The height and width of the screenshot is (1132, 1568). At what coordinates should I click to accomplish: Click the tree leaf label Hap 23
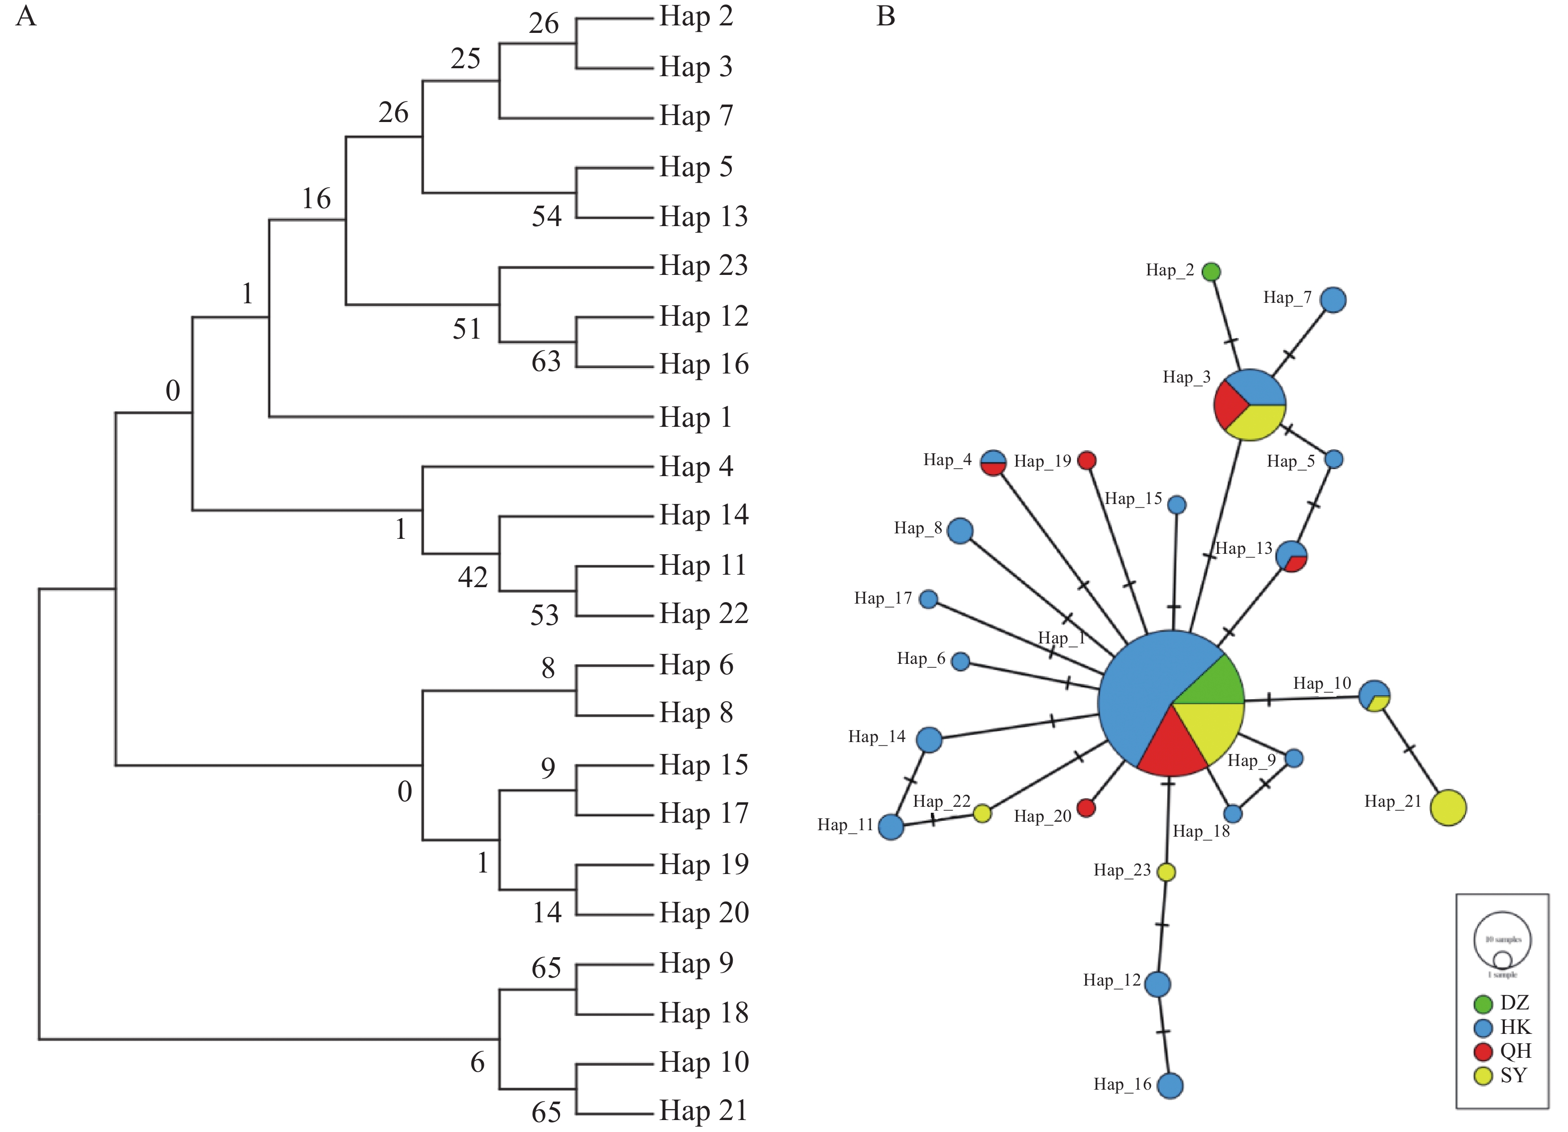(703, 265)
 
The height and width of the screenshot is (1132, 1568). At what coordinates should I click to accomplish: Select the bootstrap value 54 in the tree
(546, 217)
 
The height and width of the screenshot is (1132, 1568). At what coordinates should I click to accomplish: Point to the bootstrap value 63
(546, 362)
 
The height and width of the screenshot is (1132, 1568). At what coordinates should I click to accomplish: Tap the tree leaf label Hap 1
(695, 417)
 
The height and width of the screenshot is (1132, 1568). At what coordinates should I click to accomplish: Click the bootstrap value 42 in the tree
(473, 577)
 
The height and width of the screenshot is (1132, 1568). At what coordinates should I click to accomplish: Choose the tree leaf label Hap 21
(703, 1111)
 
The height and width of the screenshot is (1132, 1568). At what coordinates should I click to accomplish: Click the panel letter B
(886, 16)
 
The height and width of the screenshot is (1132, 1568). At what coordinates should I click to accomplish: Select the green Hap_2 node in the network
(1211, 272)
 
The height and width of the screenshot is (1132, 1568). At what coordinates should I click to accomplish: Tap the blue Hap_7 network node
(1333, 300)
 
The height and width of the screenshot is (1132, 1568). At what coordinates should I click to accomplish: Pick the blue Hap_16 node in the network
(1170, 1086)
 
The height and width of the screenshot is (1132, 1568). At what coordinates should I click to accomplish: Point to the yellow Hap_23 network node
(1166, 872)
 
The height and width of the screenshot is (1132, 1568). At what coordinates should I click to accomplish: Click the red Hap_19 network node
(1087, 461)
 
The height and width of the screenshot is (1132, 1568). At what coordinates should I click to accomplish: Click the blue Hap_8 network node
(960, 531)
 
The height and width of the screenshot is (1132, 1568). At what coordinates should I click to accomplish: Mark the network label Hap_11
(845, 825)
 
